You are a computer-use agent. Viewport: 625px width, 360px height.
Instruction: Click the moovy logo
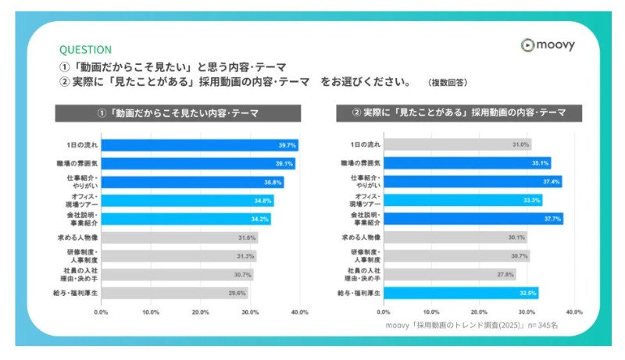coord(548,45)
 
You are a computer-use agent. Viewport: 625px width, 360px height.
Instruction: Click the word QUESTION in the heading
coord(85,49)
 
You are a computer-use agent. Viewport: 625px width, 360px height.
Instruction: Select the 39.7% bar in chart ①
coord(200,144)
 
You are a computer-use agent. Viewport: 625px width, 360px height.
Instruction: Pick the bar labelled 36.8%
coord(192,182)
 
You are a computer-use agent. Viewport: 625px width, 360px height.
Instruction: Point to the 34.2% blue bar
coord(186,219)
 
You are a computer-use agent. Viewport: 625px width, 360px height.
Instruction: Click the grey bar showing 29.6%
coord(174,293)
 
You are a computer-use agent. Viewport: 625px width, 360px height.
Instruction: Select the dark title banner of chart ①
coord(177,113)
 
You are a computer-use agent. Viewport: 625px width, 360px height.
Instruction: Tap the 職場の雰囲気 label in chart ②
coord(361,163)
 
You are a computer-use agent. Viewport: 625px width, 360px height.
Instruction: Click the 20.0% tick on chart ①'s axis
coord(200,312)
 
